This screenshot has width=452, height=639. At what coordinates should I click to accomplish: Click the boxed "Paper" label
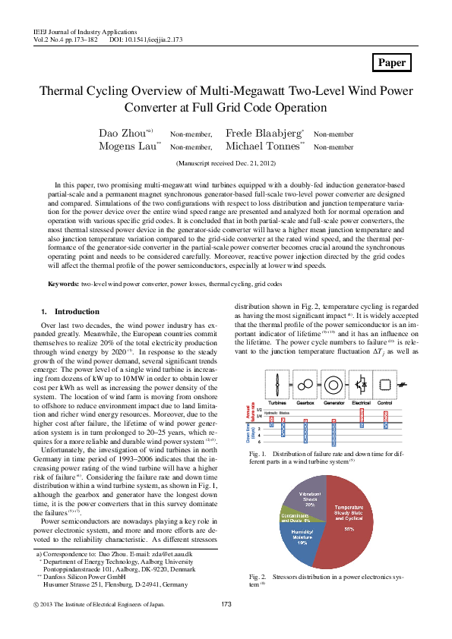(392, 63)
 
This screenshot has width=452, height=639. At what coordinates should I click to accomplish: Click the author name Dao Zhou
(123, 134)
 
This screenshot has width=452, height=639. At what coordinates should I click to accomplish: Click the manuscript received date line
(226, 163)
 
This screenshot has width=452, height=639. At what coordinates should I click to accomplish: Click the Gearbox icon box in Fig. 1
(309, 383)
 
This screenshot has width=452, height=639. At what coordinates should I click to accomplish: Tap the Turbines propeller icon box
(280, 383)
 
